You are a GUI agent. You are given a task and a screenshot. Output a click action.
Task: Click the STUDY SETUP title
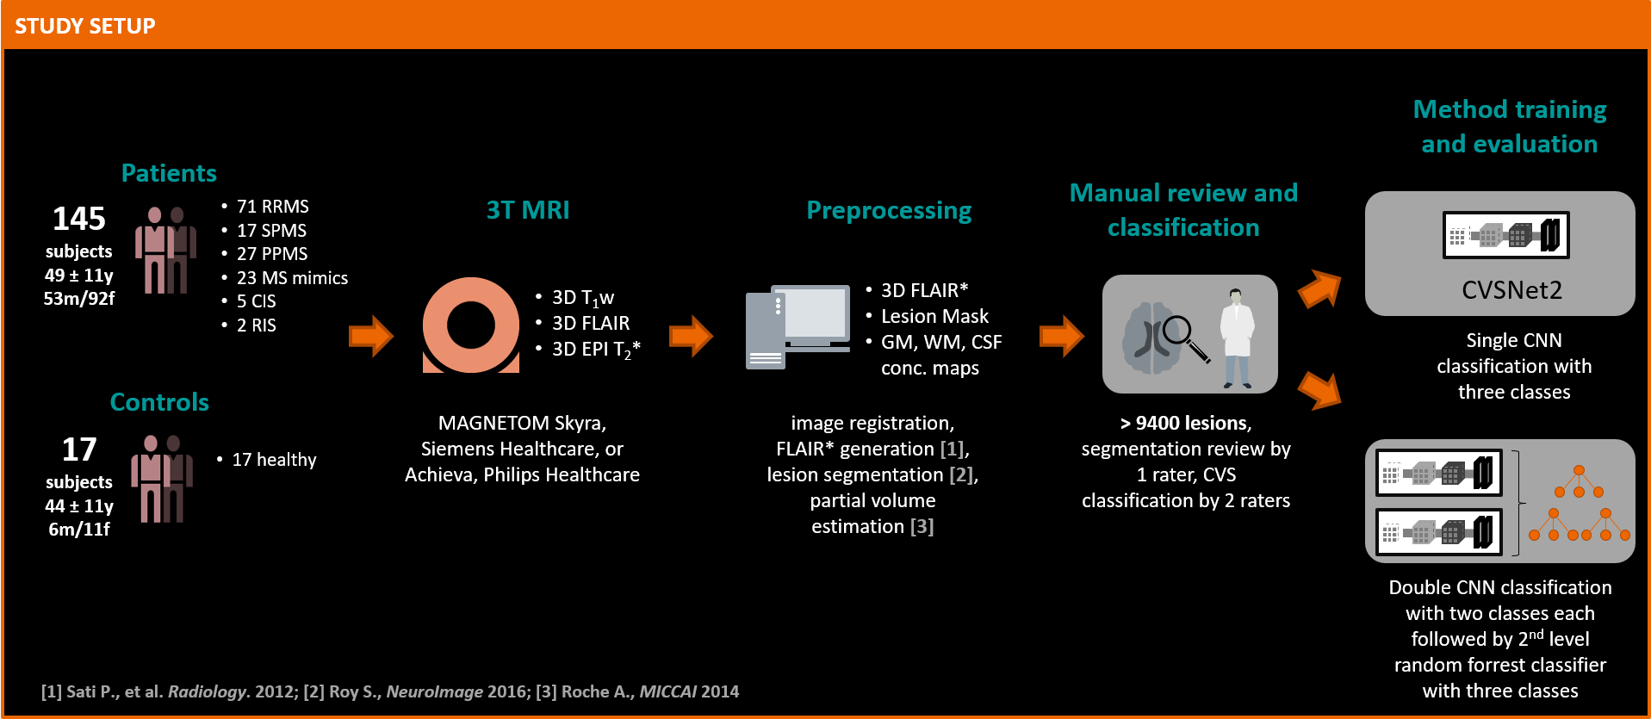click(x=84, y=26)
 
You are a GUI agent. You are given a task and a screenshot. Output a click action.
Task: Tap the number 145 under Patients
click(x=79, y=219)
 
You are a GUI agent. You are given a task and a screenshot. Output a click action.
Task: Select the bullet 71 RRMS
click(x=272, y=207)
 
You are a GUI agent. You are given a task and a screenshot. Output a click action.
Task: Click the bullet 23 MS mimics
click(x=292, y=278)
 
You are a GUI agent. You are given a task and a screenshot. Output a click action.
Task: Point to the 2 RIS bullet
click(x=256, y=325)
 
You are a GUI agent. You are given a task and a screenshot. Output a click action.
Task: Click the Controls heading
click(x=159, y=402)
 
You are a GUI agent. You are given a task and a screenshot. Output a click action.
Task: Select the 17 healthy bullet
click(x=274, y=460)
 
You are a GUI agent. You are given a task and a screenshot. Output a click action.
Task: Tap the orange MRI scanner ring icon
click(x=471, y=325)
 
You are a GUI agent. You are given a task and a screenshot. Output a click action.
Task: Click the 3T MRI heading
click(x=528, y=210)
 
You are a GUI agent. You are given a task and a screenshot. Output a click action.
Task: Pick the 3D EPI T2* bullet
click(x=595, y=350)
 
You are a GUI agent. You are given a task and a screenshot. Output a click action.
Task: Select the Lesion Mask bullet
click(x=934, y=317)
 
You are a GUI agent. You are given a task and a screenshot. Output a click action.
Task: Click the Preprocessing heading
click(x=889, y=210)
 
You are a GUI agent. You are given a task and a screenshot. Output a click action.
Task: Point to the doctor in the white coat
click(x=1237, y=338)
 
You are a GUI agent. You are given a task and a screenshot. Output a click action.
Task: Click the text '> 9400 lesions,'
click(x=1186, y=423)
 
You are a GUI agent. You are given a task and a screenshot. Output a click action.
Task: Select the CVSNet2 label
click(x=1511, y=290)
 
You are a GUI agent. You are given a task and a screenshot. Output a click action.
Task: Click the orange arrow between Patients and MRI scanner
click(x=371, y=336)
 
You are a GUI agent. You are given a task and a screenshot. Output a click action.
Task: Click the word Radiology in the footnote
click(x=208, y=691)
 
